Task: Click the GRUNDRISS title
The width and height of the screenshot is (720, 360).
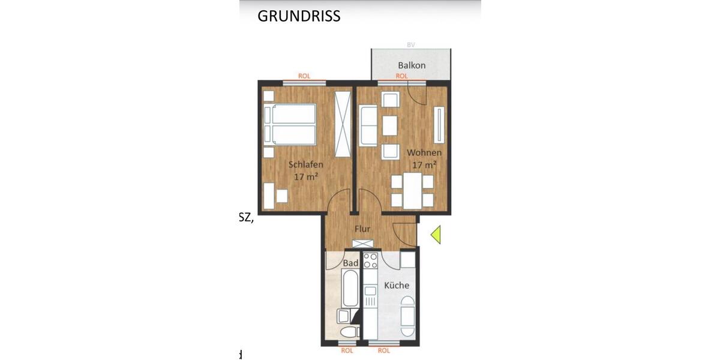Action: [299, 16]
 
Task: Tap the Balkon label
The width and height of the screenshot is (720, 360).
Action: [412, 65]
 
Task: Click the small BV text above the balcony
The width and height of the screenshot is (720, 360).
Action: [411, 44]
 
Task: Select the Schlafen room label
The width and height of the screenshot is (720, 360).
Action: [306, 164]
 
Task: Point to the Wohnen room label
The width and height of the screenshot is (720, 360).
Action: [424, 152]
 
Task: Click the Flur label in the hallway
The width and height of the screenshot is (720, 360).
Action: [362, 229]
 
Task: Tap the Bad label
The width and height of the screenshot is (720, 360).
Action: [350, 263]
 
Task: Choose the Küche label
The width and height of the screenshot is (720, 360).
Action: [397, 285]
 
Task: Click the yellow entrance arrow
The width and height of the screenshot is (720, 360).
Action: [436, 234]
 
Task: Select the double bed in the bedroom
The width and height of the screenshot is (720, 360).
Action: [290, 125]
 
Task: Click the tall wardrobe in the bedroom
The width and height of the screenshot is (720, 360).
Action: [342, 124]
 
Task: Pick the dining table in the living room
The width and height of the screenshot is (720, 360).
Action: [412, 190]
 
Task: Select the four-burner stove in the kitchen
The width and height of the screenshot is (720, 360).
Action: [370, 261]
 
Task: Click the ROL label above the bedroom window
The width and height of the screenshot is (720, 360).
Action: [304, 76]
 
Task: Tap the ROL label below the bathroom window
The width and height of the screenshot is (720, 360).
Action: [347, 350]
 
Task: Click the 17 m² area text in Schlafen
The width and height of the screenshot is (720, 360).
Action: [306, 177]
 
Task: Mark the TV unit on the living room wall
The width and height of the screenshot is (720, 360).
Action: [440, 125]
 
